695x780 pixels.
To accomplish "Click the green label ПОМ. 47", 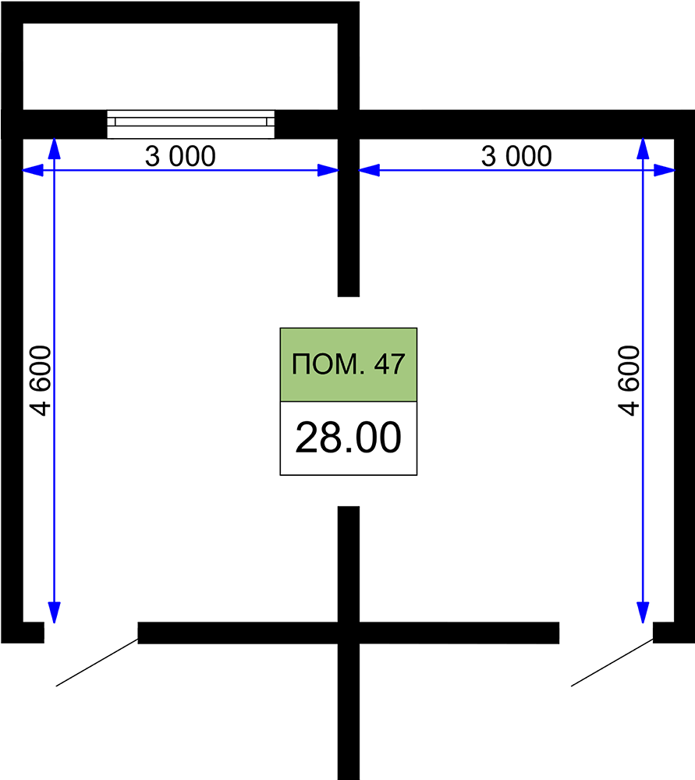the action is click(x=348, y=364).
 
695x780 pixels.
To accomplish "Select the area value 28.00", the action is click(x=348, y=438).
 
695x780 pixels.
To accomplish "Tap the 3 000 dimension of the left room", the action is click(x=180, y=156).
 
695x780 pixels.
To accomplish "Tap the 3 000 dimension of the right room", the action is click(x=516, y=156).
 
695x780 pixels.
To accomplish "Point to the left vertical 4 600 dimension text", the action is click(x=41, y=381).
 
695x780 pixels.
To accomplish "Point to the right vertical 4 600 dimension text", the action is click(x=629, y=381).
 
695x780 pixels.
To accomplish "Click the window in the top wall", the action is click(x=190, y=124).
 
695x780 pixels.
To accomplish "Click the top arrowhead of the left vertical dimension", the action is click(x=55, y=148).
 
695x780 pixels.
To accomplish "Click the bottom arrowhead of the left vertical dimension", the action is click(x=55, y=612).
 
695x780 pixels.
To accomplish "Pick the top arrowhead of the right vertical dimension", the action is click(x=643, y=148).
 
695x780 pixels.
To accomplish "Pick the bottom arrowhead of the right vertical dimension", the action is click(x=643, y=612).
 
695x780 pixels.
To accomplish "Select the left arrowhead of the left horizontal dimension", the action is click(x=33, y=170).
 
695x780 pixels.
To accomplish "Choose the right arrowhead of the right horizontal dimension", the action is click(x=664, y=170).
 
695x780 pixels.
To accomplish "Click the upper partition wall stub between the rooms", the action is click(x=348, y=218).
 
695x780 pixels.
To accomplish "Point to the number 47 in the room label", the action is click(x=389, y=364).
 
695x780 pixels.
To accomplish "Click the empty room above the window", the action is click(x=180, y=66).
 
